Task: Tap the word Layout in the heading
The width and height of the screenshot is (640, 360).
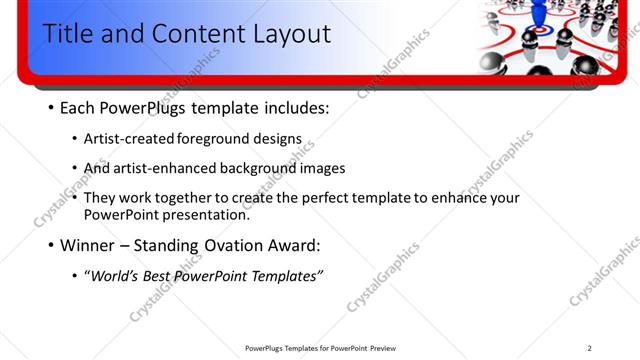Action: click(x=281, y=33)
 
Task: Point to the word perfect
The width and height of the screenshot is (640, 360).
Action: click(x=312, y=197)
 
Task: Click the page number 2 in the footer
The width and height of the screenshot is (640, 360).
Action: click(x=589, y=348)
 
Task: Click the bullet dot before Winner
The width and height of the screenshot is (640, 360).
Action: click(x=51, y=245)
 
